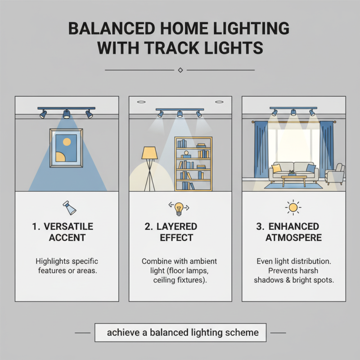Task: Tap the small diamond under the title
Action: tap(180, 70)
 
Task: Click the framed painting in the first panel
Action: tap(67, 148)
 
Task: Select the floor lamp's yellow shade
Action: tap(149, 153)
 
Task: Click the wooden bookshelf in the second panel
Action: tap(193, 164)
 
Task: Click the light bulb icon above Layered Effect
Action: tap(180, 207)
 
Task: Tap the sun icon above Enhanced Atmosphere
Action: tap(293, 207)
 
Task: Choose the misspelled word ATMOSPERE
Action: tap(293, 238)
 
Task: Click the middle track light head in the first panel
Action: tap(67, 114)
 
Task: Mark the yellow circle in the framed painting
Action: tap(66, 142)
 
